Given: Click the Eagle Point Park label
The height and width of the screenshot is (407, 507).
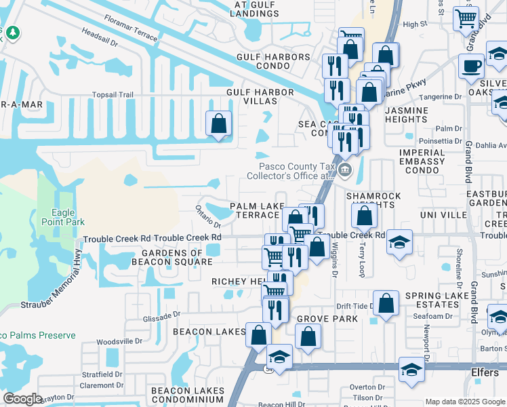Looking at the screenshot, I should (63, 217).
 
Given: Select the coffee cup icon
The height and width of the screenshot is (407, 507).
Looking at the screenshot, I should (471, 66).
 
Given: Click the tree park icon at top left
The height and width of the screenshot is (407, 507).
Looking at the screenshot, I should (12, 33).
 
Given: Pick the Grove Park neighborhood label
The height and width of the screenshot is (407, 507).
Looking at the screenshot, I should (327, 318).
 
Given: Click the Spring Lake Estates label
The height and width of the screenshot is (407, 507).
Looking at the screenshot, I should (432, 300).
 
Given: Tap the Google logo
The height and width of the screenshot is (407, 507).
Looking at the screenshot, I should (22, 399).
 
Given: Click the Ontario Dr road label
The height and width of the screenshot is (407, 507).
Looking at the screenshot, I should (209, 216).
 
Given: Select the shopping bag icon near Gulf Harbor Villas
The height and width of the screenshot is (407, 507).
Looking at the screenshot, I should (218, 123).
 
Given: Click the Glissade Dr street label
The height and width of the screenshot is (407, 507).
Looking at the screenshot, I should (162, 314).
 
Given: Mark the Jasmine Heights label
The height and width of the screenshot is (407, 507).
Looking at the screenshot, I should (406, 115).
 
